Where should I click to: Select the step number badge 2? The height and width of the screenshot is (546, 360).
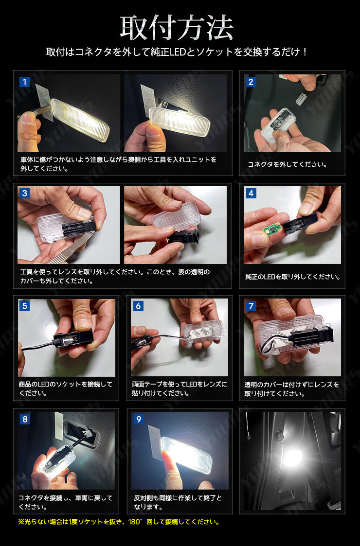click(x=251, y=82)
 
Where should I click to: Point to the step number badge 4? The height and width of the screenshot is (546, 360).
click(x=251, y=193)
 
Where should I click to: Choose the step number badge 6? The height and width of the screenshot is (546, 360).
click(x=138, y=306)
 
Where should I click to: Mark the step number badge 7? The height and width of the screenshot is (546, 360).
click(x=251, y=306)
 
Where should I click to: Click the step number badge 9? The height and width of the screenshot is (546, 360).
click(x=138, y=419)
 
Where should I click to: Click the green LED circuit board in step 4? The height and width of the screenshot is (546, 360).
click(x=271, y=225)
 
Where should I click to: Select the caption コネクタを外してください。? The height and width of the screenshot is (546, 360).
click(x=288, y=165)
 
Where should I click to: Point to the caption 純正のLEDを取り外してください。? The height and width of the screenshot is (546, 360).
click(x=292, y=277)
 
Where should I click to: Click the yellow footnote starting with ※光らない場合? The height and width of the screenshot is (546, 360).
click(x=119, y=522)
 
